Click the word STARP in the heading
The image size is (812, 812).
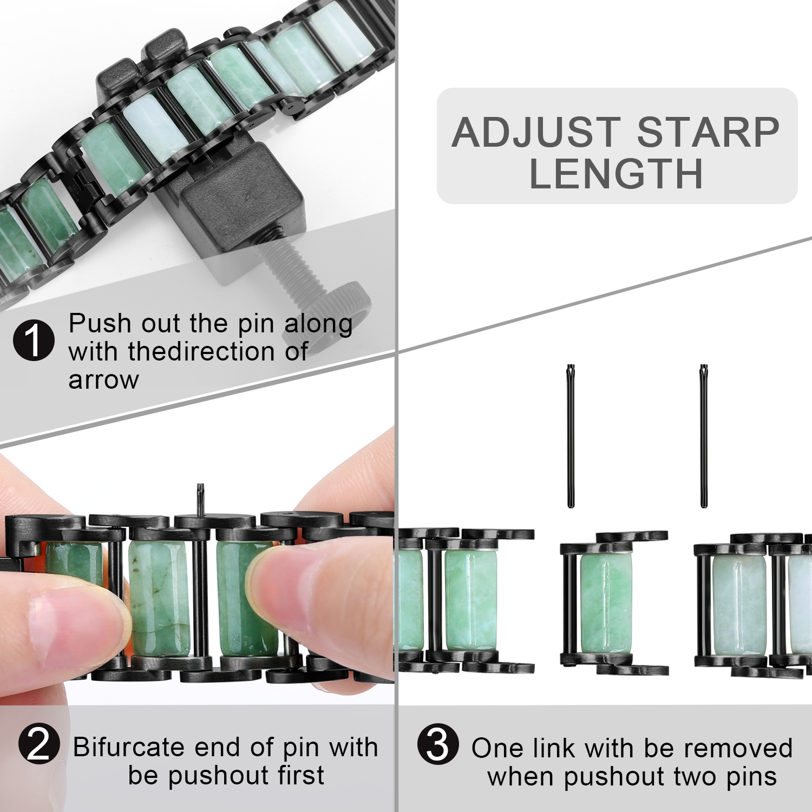[x=708, y=133]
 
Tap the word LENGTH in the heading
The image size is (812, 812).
[x=616, y=174]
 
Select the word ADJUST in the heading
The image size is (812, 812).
[x=536, y=133]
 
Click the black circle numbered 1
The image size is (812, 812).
[x=34, y=340]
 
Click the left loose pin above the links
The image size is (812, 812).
[x=571, y=436]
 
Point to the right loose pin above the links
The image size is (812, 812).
[x=704, y=436]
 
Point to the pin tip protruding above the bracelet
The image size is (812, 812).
[x=200, y=498]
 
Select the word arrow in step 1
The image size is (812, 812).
[x=103, y=380]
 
